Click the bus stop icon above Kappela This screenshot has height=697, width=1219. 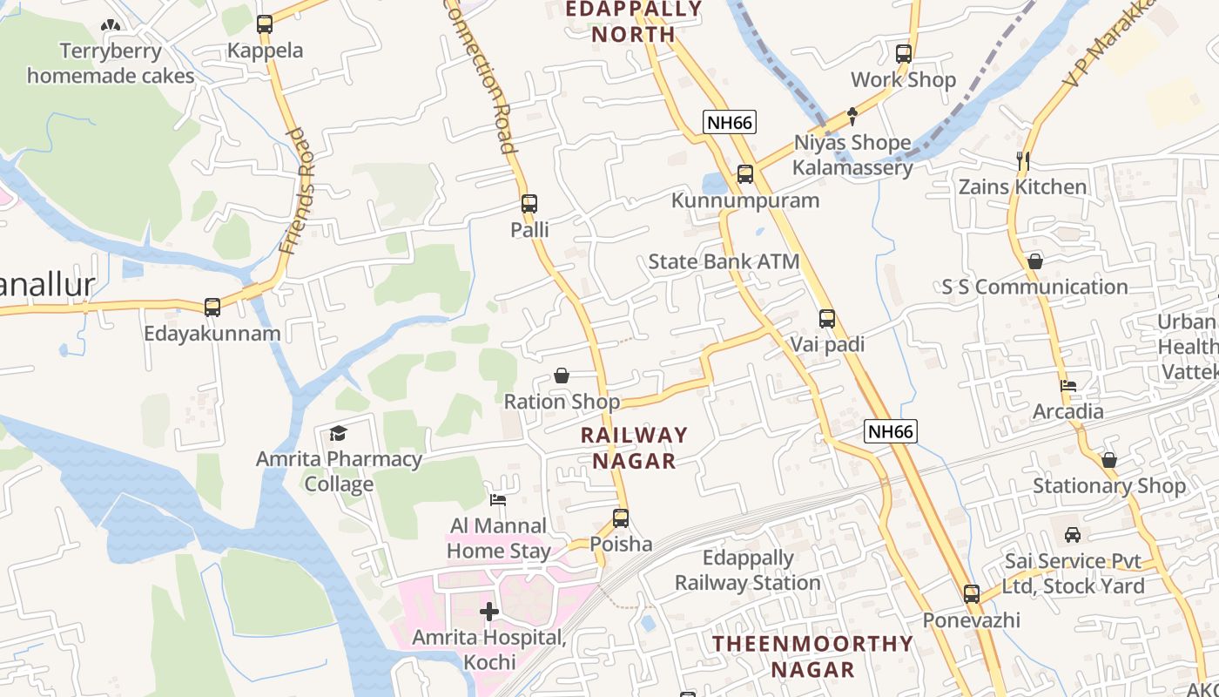265,24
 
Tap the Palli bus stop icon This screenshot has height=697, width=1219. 529,204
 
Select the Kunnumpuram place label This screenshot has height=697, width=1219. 745,200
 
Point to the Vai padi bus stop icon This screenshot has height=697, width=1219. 827,319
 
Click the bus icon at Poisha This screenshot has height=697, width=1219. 621,518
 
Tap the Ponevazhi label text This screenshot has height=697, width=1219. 972,620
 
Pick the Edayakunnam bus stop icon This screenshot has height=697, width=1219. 212,307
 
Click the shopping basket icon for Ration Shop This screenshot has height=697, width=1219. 562,376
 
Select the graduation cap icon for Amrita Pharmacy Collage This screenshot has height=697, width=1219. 338,433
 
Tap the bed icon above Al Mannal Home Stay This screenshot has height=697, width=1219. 498,500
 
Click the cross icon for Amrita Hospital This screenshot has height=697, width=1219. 489,612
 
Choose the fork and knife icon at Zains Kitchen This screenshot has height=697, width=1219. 1023,161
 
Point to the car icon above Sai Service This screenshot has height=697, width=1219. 1073,535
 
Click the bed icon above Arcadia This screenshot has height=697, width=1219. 1068,386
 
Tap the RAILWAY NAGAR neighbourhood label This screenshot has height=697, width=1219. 634,448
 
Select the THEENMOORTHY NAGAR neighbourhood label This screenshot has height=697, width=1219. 813,657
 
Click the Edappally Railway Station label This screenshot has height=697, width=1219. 748,571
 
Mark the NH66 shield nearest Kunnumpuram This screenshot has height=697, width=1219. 729,122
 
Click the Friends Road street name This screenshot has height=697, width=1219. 298,192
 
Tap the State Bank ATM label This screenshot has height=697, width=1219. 724,261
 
